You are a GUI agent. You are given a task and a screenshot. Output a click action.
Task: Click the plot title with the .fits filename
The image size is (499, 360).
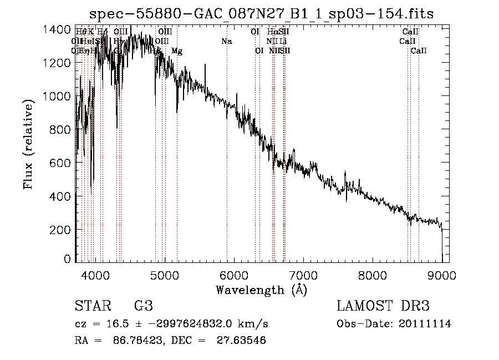[262, 13]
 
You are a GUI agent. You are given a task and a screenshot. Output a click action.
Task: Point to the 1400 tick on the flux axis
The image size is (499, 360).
[58, 29]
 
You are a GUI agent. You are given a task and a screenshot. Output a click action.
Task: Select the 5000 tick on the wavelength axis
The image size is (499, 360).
[165, 273]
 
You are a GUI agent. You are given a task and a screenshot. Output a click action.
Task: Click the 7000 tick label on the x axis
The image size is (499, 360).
[303, 273]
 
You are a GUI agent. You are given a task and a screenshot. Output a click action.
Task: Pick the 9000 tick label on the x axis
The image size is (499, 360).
[442, 273]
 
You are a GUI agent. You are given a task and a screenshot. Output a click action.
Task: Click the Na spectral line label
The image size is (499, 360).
[226, 41]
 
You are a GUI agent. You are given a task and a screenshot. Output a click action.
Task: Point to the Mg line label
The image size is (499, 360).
[177, 51]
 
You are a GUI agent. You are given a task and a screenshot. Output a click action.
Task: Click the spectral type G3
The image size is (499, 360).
[143, 306]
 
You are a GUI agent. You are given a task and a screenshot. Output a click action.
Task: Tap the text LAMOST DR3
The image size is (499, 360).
[383, 306]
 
